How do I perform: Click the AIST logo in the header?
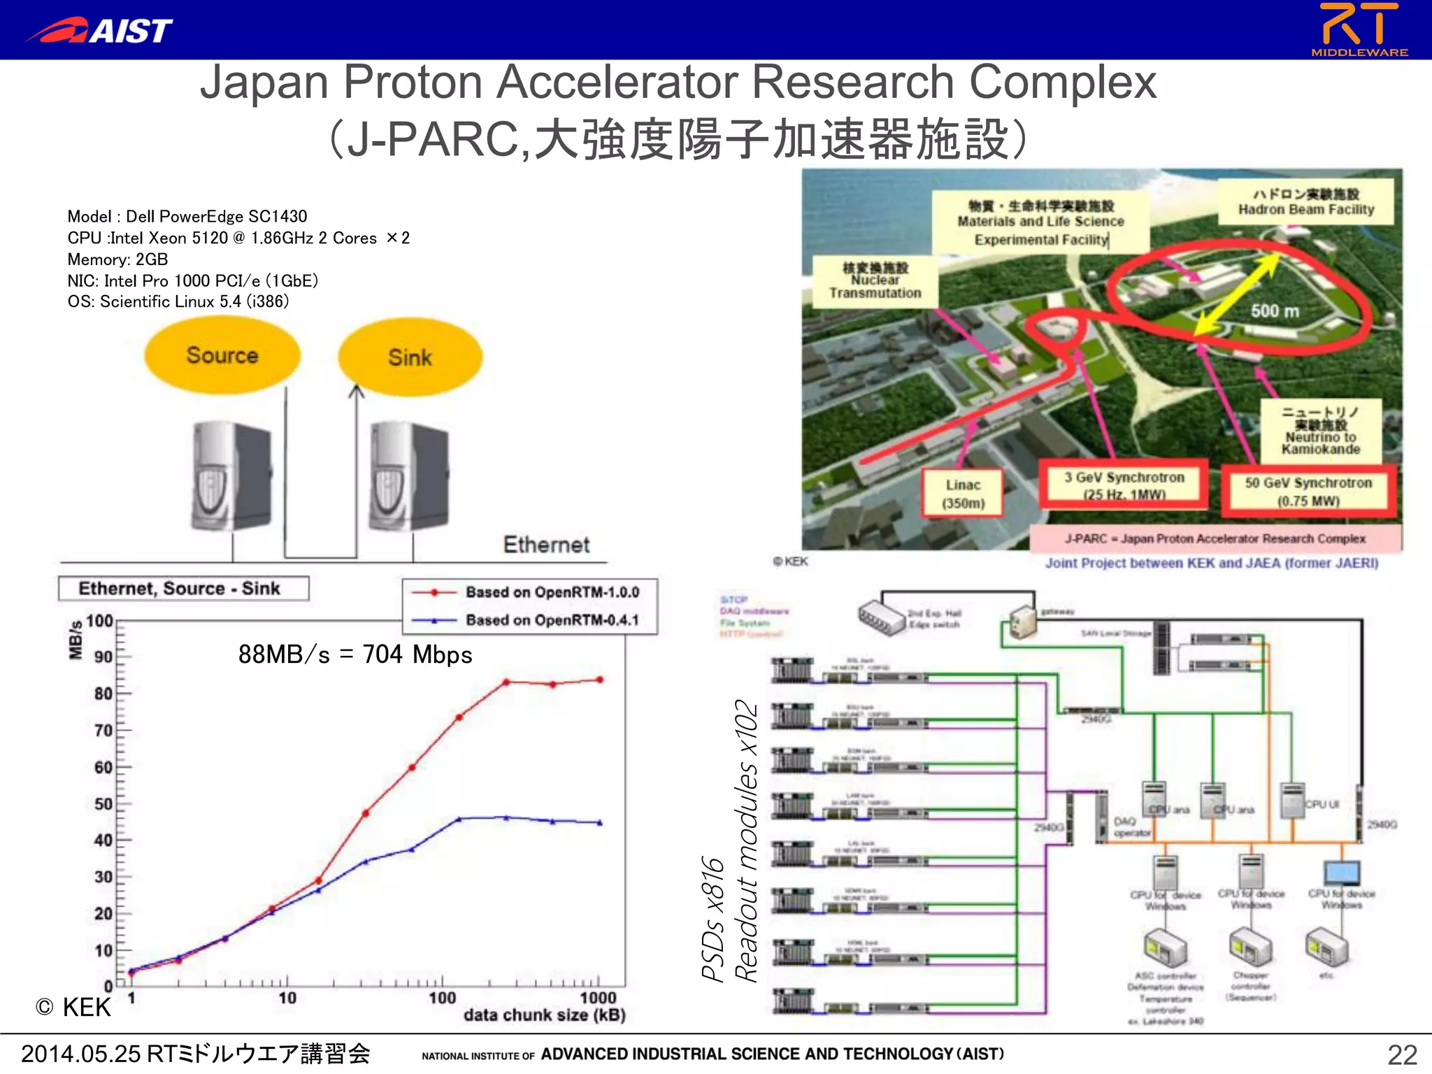coord(99,30)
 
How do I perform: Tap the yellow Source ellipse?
coord(222,355)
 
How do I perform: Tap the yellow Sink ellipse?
coord(410,357)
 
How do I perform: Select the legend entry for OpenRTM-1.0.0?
coord(552,592)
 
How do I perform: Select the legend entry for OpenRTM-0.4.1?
coord(552,620)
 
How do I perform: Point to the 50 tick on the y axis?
coord(103,804)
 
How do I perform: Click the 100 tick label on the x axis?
coord(442,998)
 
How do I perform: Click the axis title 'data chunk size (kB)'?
coord(544,1015)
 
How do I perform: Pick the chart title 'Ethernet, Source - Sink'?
coord(180,589)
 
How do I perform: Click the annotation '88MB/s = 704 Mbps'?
coord(355,654)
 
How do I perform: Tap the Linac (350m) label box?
coord(963,494)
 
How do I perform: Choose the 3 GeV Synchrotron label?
coord(1124,485)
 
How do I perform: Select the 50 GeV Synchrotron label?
coord(1308,491)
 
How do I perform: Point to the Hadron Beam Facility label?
coord(1305,202)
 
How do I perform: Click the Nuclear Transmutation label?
coord(875,280)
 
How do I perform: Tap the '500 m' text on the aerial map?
coord(1275,311)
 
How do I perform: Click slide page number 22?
coord(1402,1054)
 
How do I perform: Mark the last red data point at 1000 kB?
coord(600,680)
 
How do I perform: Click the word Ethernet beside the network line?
coord(546,545)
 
